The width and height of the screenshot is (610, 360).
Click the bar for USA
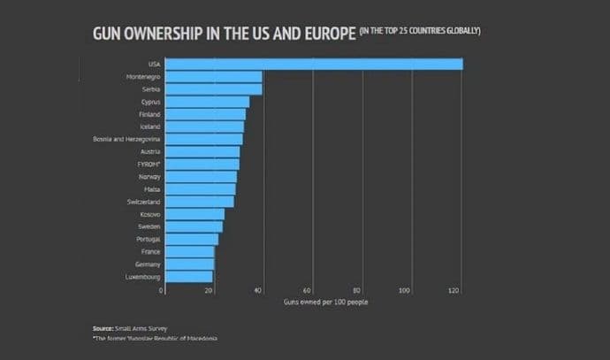(314, 64)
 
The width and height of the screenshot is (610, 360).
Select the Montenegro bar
(213, 77)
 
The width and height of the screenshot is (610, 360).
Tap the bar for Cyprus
(207, 102)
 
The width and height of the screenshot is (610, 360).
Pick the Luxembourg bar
(188, 277)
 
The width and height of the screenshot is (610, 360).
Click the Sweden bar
(194, 227)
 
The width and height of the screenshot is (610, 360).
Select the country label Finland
(149, 115)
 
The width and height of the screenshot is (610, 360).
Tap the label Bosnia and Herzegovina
(126, 139)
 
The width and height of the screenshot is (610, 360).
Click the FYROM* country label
(149, 165)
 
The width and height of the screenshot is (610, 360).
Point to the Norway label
(149, 177)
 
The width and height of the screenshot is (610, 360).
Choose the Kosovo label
(149, 214)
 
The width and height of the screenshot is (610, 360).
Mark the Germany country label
(147, 264)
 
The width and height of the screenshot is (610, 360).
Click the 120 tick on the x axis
(454, 291)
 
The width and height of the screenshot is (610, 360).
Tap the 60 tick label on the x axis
(307, 291)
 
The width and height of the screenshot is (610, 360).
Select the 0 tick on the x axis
(161, 291)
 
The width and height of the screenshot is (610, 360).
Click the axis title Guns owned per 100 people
(326, 303)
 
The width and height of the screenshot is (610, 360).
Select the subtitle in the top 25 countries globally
(419, 32)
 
